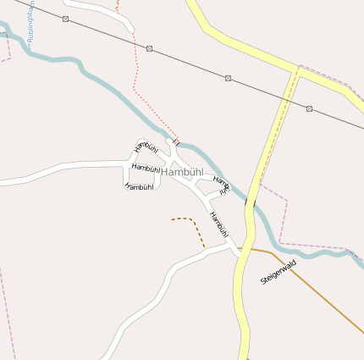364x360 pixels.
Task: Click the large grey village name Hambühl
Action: tap(182, 172)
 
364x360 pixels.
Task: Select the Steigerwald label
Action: tap(279, 272)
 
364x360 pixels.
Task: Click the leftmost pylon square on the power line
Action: tap(65, 19)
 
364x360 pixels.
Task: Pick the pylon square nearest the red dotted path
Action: tap(150, 48)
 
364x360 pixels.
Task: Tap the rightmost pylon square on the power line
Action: tap(310, 108)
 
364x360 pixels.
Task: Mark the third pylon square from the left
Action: tap(228, 78)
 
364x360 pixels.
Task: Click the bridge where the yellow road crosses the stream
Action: tap(250, 202)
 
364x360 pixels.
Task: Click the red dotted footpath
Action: tap(136, 68)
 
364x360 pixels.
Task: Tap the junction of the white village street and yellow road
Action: tap(238, 249)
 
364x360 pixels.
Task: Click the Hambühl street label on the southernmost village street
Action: tap(139, 186)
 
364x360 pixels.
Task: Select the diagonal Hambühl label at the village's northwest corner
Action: tap(146, 147)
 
